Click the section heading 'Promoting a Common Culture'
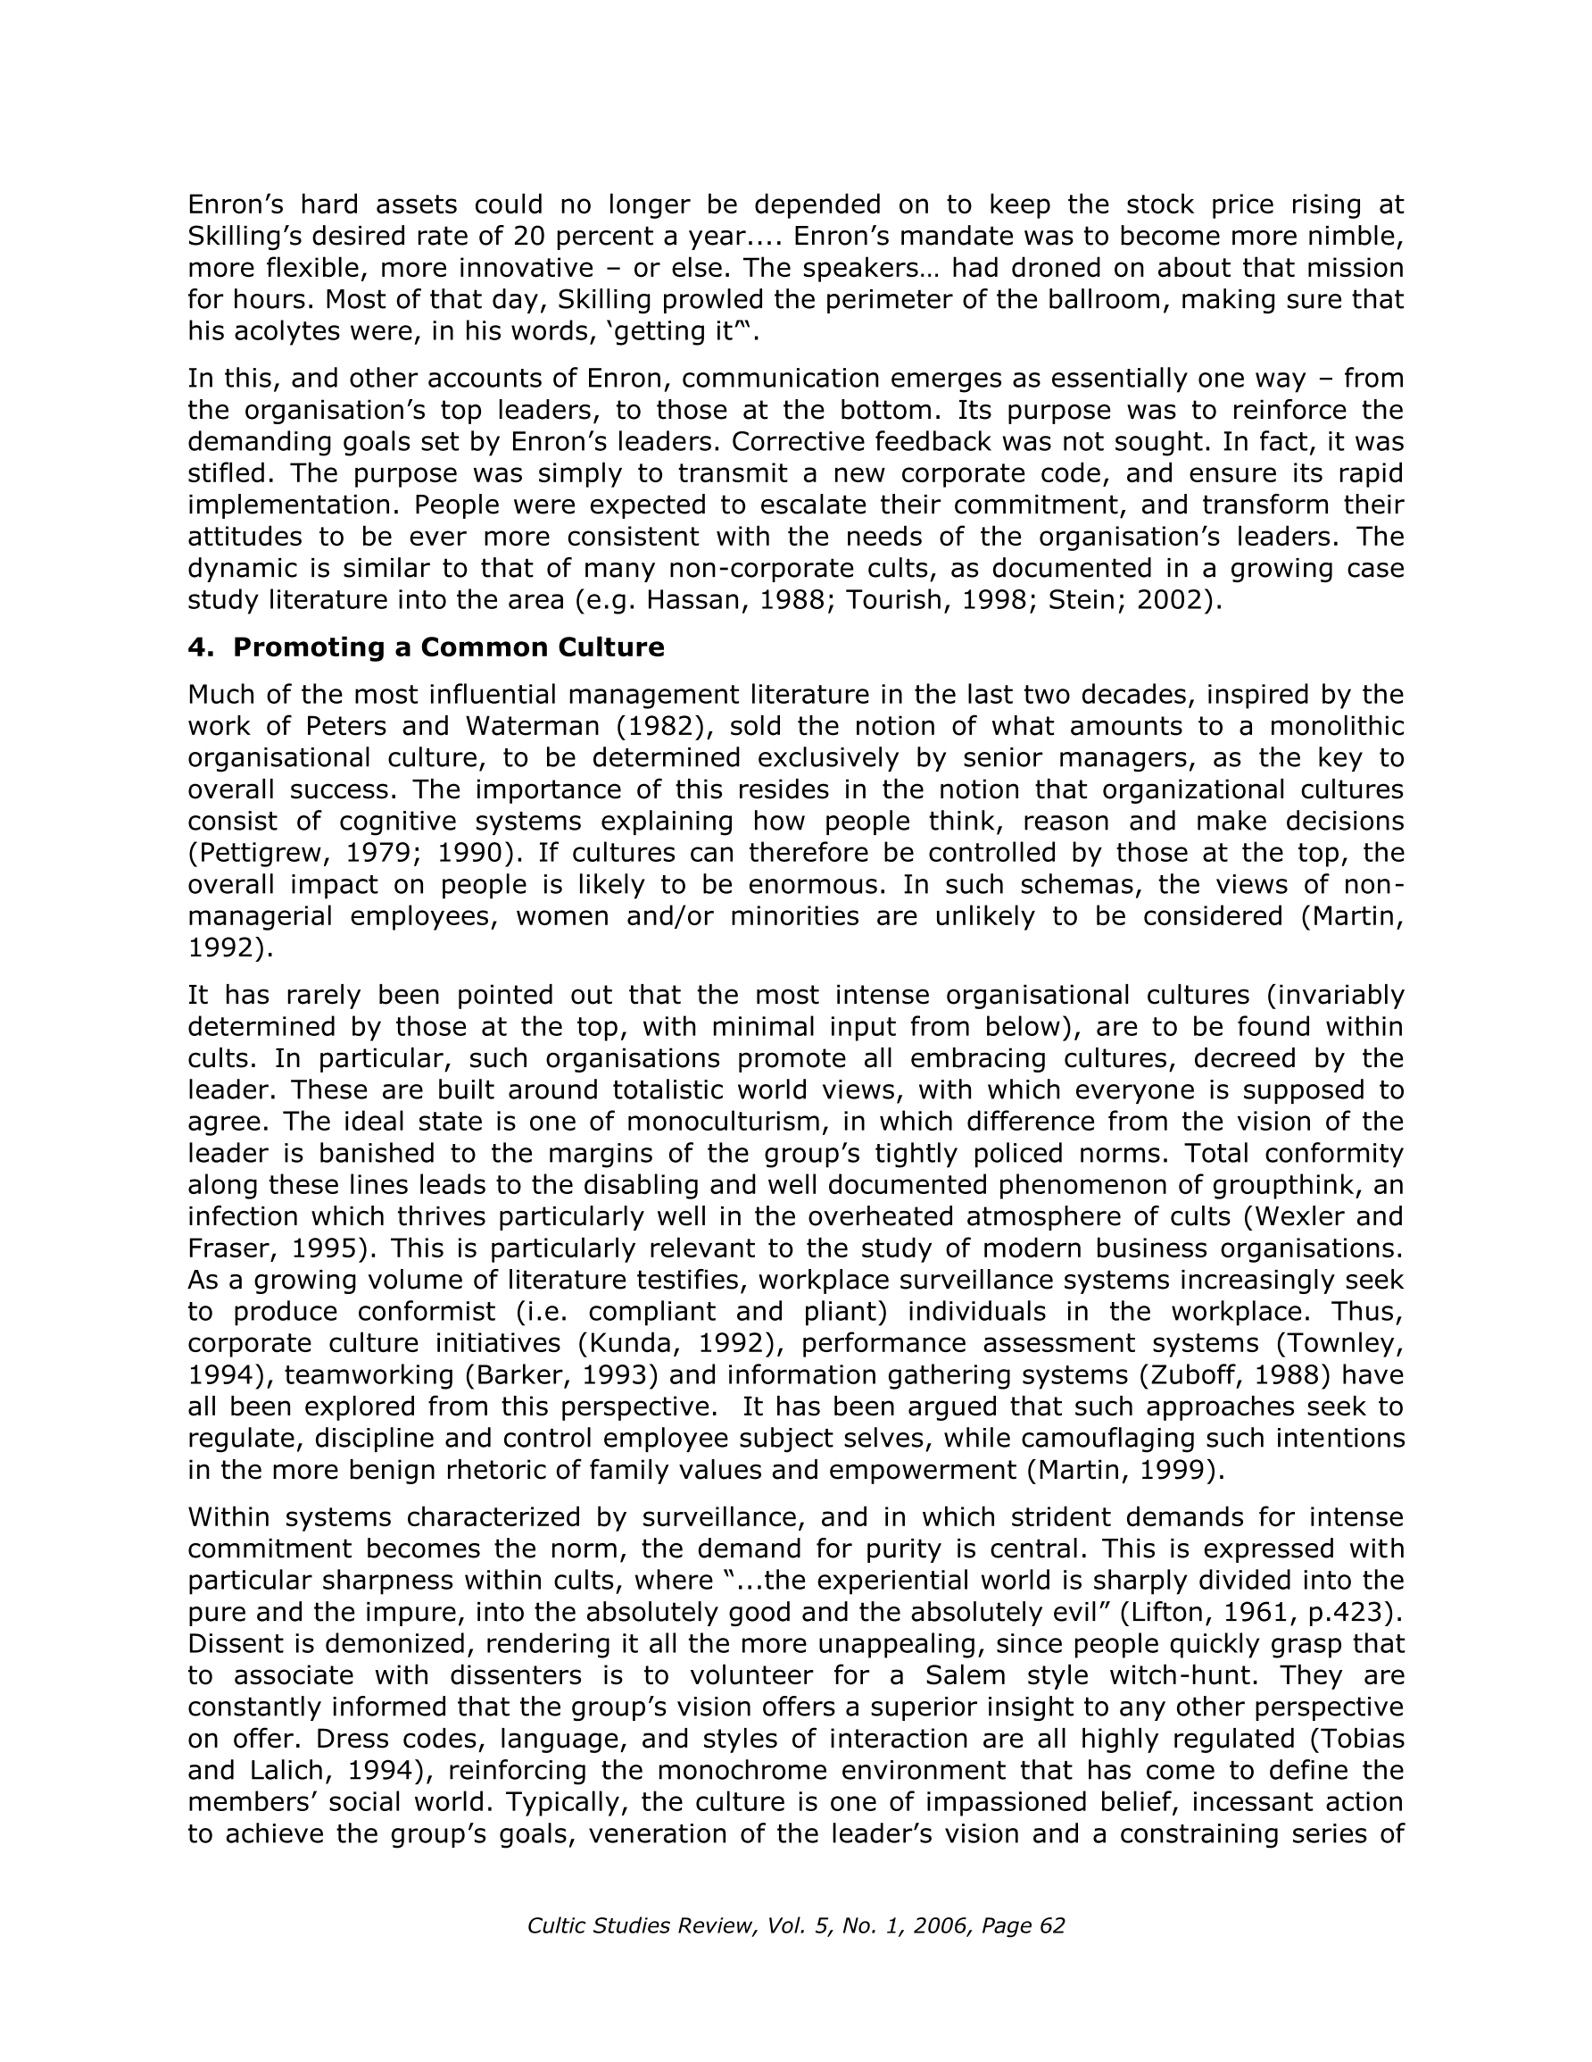coord(448,647)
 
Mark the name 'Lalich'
coord(284,1770)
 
